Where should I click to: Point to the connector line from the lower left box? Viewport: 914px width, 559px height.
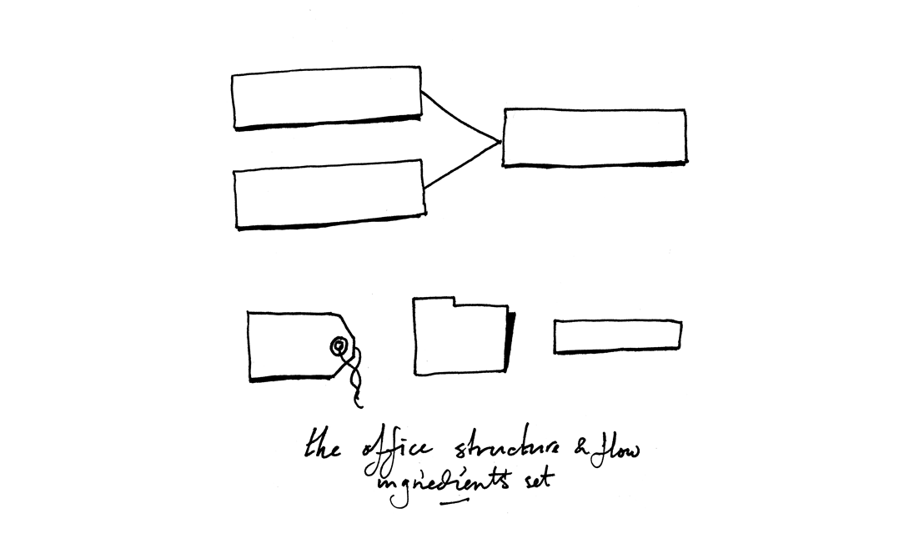[462, 165]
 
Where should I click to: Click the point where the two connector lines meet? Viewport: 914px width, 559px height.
[500, 141]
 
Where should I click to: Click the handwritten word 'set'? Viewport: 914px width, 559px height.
[540, 481]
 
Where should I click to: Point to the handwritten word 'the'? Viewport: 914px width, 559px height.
[324, 444]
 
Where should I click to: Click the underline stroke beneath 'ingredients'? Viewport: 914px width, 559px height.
[454, 500]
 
